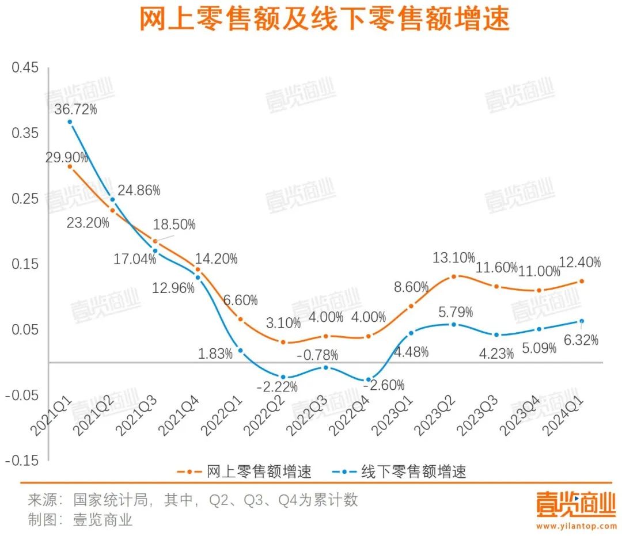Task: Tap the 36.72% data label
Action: [x=75, y=109]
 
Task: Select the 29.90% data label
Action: [x=68, y=157]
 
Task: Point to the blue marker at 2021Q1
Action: [x=70, y=121]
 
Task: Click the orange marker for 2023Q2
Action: [x=454, y=276]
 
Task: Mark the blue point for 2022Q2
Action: [x=283, y=377]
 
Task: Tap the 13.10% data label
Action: [x=454, y=257]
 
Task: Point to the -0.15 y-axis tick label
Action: [x=23, y=461]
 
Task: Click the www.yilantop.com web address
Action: [x=576, y=526]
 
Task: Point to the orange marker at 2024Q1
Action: [x=582, y=282]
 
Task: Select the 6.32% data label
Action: [x=581, y=340]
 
